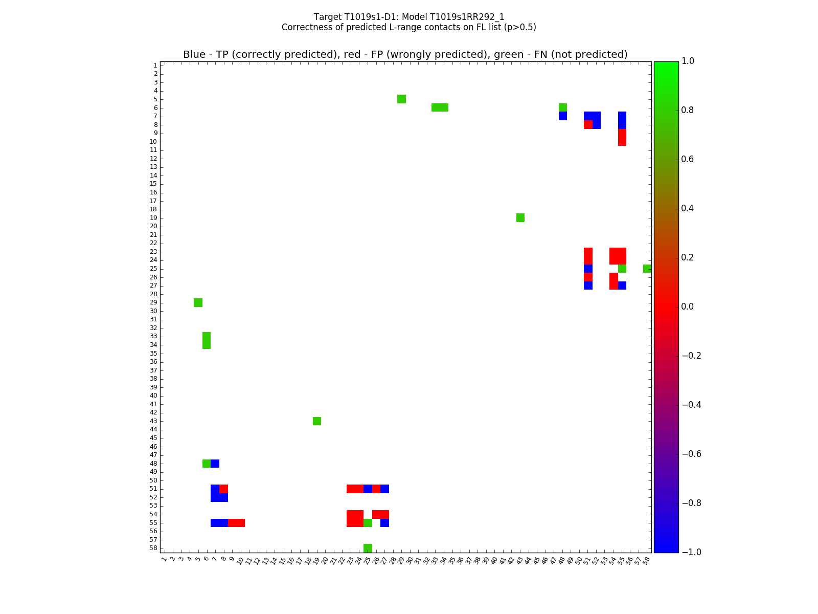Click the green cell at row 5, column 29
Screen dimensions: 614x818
401,99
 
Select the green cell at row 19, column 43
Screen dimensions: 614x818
520,217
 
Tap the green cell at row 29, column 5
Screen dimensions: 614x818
198,302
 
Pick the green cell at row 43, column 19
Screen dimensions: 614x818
317,421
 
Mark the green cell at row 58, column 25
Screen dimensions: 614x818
368,548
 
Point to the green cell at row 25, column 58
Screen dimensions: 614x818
647,269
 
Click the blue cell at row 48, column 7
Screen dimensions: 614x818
215,464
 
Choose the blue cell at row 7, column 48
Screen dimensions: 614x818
563,116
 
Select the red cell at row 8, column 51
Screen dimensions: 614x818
588,124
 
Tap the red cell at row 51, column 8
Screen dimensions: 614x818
223,489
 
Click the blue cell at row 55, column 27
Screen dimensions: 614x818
384,522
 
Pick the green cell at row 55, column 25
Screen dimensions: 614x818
368,522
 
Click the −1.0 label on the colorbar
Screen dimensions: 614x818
692,552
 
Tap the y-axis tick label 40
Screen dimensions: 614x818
153,396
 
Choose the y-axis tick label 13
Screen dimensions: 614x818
153,167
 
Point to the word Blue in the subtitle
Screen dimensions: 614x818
194,55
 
